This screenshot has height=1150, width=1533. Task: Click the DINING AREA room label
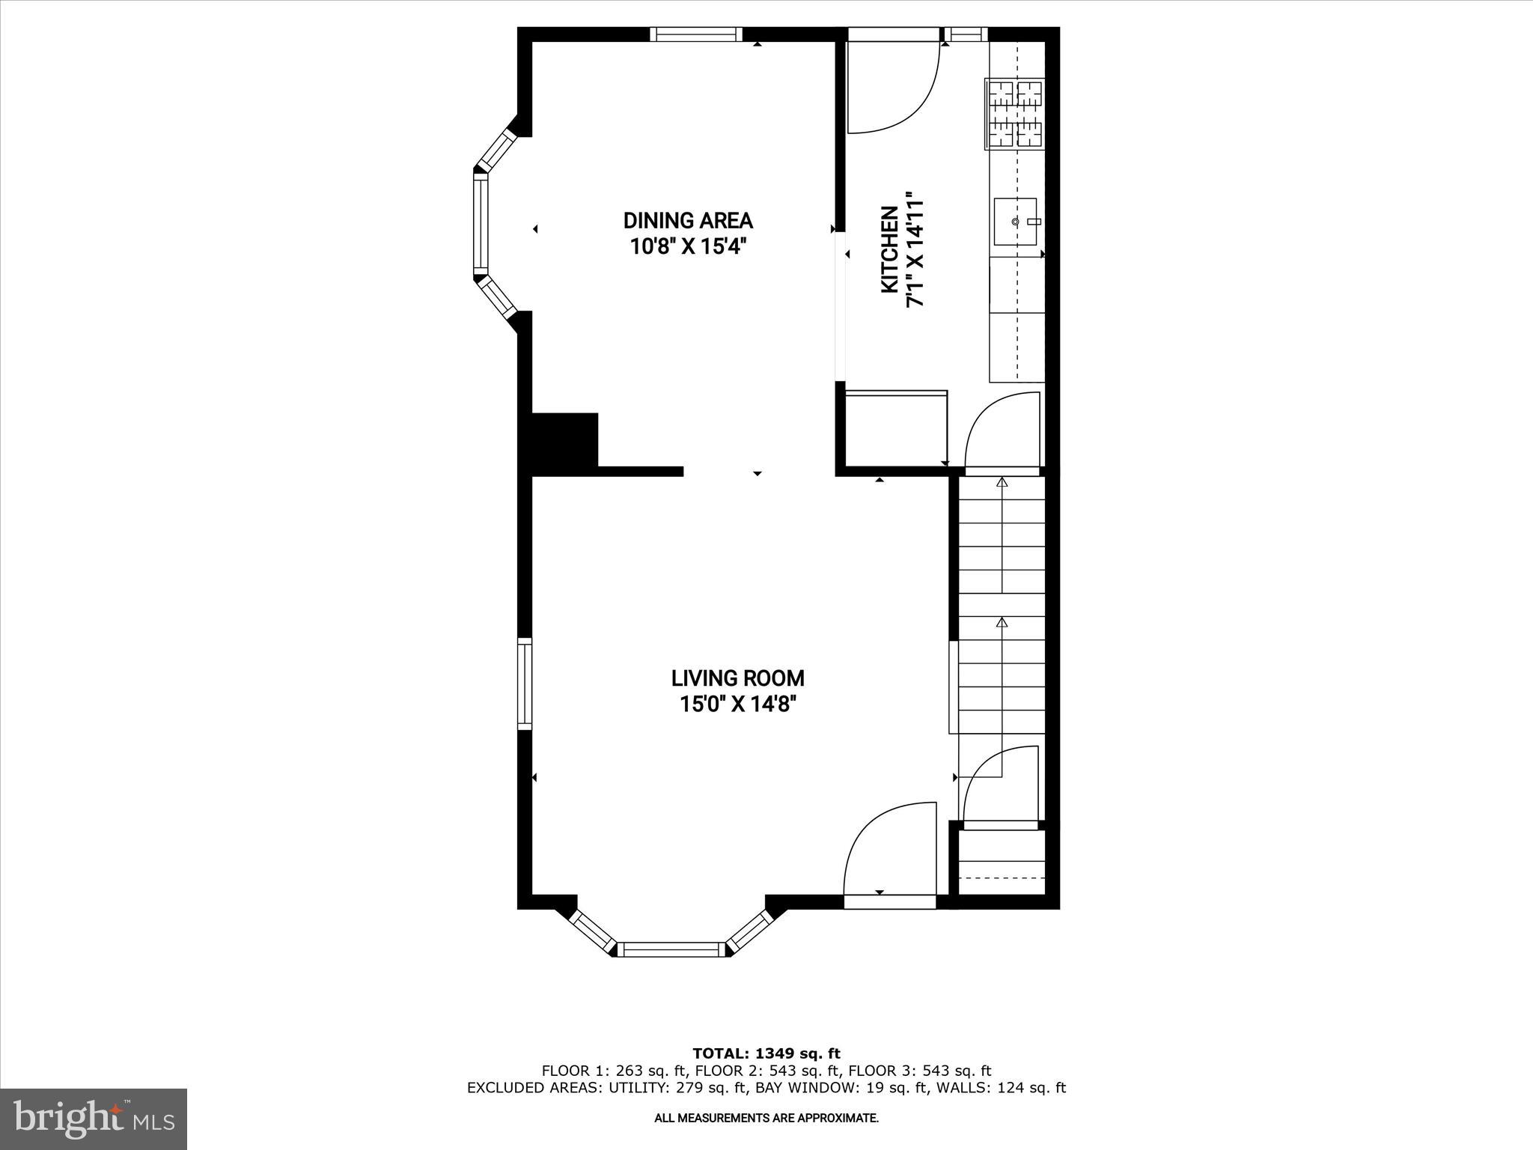pos(688,221)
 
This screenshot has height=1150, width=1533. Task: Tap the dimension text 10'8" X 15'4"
pos(688,246)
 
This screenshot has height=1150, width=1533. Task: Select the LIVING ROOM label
pos(737,678)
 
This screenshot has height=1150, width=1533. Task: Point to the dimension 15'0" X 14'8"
pos(737,705)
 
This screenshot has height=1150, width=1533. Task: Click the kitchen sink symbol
pos(1016,222)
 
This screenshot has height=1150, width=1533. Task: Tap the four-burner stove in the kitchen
pos(1017,114)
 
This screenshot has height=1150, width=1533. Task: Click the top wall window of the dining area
pos(695,34)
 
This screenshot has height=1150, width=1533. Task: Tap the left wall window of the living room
pos(525,684)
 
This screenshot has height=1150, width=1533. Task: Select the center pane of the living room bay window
pos(670,949)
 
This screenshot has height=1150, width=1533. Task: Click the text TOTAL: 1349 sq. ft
pos(766,1054)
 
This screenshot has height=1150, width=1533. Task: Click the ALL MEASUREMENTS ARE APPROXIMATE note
pos(766,1118)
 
